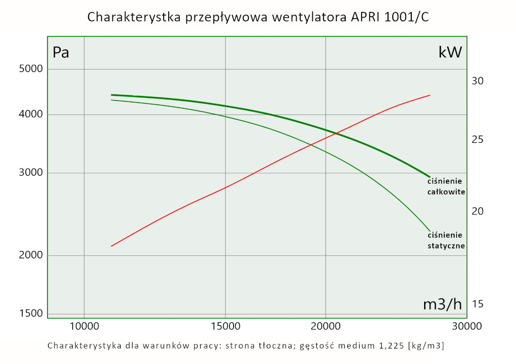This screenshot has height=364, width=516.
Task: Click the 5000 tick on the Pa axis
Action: [30, 69]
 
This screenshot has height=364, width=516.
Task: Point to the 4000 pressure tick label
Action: [30, 114]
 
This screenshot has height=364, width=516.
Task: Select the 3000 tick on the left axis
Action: [30, 173]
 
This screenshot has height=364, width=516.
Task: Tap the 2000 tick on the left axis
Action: [30, 255]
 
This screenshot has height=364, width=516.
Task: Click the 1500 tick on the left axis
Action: [30, 313]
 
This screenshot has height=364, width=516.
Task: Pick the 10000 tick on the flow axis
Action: [84, 326]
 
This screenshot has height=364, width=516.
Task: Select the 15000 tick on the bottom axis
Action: [225, 326]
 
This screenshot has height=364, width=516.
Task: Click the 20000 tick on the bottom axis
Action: [326, 326]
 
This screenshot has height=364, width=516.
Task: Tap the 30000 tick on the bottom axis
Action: [467, 326]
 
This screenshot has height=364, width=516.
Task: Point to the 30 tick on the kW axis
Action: [477, 81]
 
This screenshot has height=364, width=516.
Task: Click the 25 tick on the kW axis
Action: [477, 140]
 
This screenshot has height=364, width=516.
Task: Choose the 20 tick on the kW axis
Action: [477, 211]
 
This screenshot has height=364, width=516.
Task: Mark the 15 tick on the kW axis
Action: [477, 304]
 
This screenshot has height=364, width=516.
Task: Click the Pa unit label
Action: [61, 53]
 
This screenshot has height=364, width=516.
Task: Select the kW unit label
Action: [450, 52]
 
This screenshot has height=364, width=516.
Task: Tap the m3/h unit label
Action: [442, 304]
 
